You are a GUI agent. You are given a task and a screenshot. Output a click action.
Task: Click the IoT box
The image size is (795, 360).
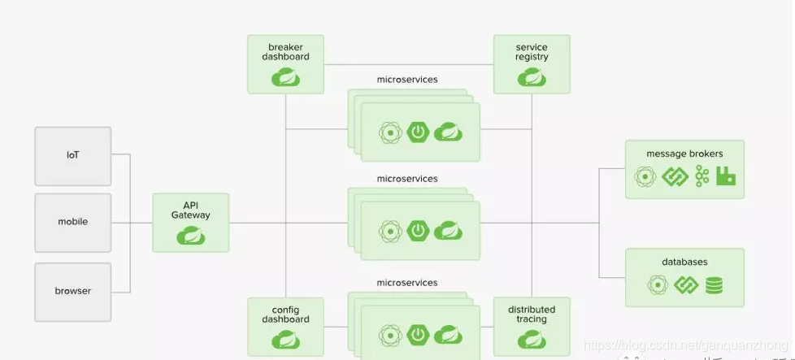pyautogui.click(x=73, y=155)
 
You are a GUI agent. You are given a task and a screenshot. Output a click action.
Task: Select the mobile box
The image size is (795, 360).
pyautogui.click(x=73, y=222)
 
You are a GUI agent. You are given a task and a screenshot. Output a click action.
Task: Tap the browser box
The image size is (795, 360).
pyautogui.click(x=73, y=291)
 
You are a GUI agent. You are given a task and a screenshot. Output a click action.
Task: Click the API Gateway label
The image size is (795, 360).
pyautogui.click(x=191, y=210)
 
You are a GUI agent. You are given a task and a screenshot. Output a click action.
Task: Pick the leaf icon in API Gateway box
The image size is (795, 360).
pyautogui.click(x=191, y=236)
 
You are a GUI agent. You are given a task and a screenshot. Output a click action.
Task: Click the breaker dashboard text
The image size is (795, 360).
pyautogui.click(x=285, y=52)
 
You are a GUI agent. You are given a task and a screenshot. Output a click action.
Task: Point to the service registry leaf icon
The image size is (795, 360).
pyautogui.click(x=532, y=77)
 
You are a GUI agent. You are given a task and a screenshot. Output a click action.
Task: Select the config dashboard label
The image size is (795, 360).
pyautogui.click(x=285, y=314)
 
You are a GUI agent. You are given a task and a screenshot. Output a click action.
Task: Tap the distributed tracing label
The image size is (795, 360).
pyautogui.click(x=532, y=314)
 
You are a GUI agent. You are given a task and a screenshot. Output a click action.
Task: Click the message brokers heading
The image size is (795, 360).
pyautogui.click(x=684, y=154)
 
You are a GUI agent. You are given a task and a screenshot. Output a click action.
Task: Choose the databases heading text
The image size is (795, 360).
pyautogui.click(x=684, y=262)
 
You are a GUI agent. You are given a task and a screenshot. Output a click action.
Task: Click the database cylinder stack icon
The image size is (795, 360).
pyautogui.click(x=715, y=285)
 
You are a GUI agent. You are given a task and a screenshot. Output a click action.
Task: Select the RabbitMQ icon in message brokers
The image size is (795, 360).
pyautogui.click(x=726, y=176)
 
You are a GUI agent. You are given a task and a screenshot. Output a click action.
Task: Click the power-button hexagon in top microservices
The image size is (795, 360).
pyautogui.click(x=419, y=132)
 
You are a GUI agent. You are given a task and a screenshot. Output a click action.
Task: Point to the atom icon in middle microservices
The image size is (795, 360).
pyautogui.click(x=391, y=231)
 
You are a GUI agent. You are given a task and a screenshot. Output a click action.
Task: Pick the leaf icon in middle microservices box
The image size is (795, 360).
pyautogui.click(x=448, y=231)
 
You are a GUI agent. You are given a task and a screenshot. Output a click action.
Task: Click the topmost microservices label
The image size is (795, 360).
pyautogui.click(x=407, y=80)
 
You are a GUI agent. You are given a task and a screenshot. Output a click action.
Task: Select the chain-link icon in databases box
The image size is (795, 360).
pyautogui.click(x=686, y=285)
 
